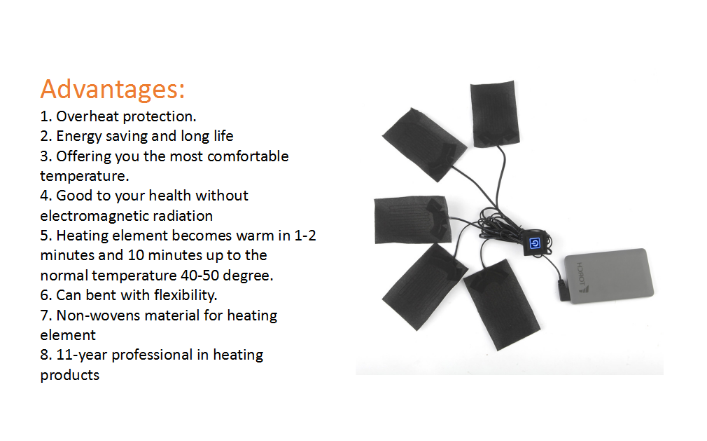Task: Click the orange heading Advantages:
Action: [112, 90]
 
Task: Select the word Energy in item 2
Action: [78, 136]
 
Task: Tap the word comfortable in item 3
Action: [248, 156]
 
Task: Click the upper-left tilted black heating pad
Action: [423, 145]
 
